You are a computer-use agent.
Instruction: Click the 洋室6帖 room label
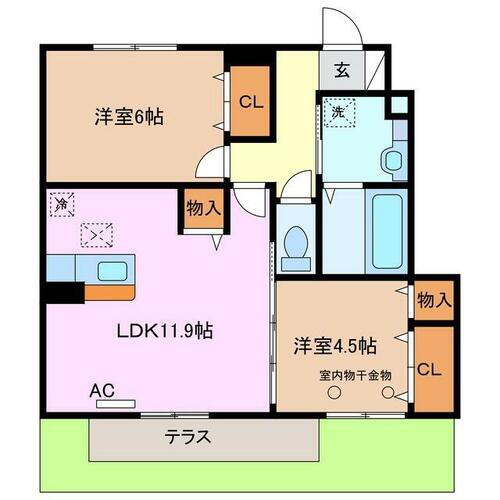[x=131, y=115]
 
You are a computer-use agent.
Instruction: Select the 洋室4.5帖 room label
[x=334, y=346]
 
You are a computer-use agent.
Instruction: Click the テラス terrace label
[x=187, y=436]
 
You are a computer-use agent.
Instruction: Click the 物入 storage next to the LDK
[x=202, y=209]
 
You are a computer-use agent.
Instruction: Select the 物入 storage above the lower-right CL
[x=434, y=299]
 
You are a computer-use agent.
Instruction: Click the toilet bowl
[x=295, y=244]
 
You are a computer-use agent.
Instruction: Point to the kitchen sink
[x=111, y=270]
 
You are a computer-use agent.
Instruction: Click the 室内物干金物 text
[x=355, y=376]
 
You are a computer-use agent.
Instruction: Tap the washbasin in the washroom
[x=396, y=155]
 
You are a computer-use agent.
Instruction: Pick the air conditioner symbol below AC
[x=116, y=405]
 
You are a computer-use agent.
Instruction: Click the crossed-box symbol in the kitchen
[x=97, y=235]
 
